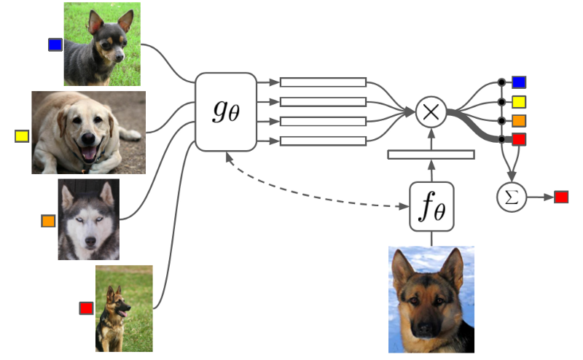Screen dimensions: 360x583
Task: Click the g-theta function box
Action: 226,111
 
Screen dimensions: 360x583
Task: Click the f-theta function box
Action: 431,206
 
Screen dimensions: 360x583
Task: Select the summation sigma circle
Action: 512,197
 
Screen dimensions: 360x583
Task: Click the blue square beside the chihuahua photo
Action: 55,45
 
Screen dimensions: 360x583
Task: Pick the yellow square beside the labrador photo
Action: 22,136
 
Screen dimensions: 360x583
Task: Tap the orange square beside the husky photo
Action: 48,221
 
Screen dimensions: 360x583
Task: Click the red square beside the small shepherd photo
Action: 87,308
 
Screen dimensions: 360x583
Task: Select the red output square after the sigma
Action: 561,197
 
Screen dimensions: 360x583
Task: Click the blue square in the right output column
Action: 519,82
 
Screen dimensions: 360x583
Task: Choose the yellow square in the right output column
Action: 519,101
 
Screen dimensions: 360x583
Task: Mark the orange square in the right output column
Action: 519,120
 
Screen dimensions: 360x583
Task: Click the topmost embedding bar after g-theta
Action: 323,82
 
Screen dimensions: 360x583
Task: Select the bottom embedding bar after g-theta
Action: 323,141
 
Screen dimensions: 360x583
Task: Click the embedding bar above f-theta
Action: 431,154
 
